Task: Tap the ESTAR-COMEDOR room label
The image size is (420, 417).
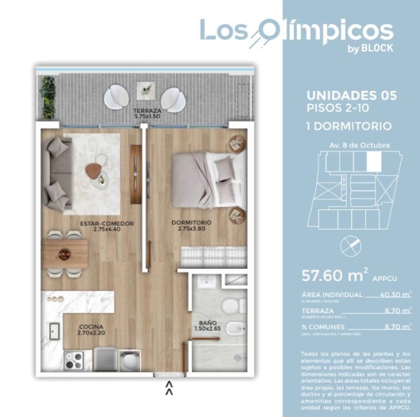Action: (107, 226)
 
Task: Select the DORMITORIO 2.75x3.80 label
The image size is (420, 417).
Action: (192, 225)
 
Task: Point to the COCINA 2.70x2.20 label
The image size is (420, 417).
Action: (91, 330)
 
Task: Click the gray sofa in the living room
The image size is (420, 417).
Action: (57, 174)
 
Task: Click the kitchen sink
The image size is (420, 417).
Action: (55, 331)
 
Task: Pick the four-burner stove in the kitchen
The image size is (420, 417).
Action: (74, 361)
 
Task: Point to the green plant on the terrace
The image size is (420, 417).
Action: (48, 97)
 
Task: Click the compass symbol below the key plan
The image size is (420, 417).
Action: (351, 246)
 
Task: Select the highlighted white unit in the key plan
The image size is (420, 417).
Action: (374, 161)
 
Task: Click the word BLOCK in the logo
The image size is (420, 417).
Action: (377, 48)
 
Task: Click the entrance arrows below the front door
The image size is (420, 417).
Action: (169, 388)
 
